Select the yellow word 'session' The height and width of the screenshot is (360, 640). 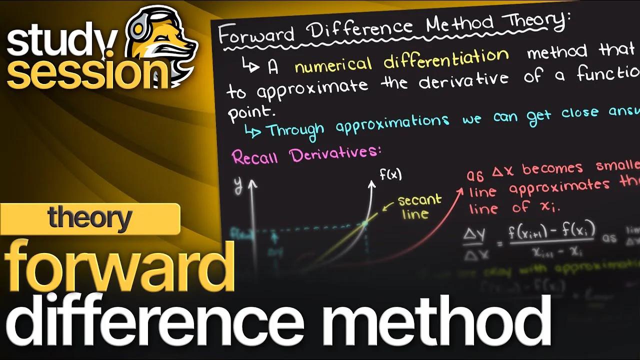coord(82,74)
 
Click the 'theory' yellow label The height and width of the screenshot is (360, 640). coord(90,219)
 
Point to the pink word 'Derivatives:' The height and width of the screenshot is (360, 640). coord(335,153)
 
